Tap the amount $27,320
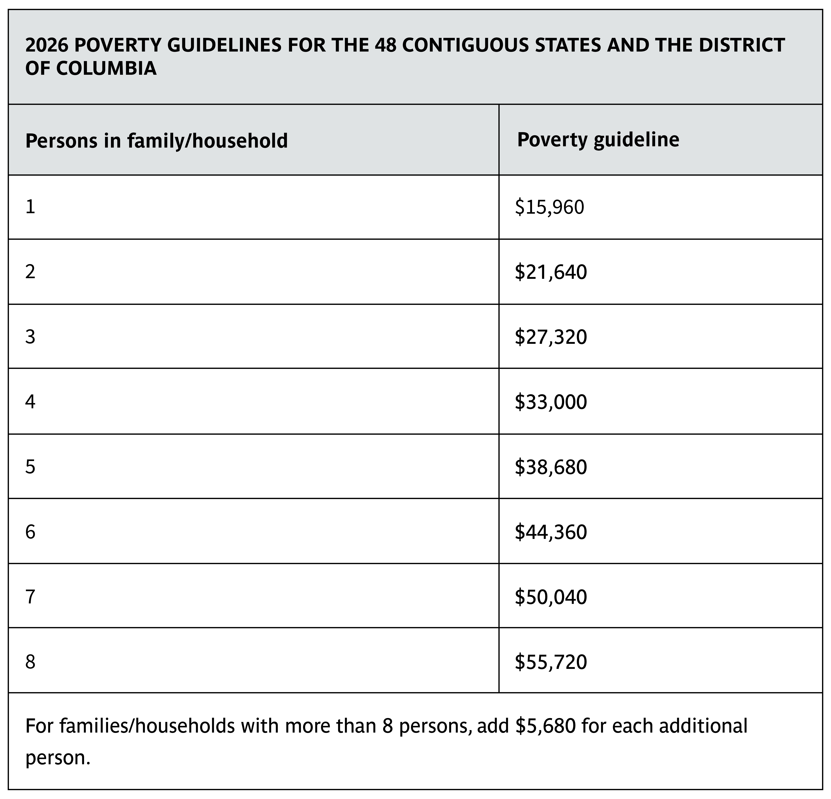[x=551, y=337]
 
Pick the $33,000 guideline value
[x=551, y=402]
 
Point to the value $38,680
[x=551, y=467]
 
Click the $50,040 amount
[x=551, y=597]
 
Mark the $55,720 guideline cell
[x=551, y=662]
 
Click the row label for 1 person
[x=30, y=207]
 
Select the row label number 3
[x=30, y=337]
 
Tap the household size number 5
[x=30, y=467]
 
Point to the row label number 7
[x=30, y=597]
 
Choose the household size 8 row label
[x=30, y=662]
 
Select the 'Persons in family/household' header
[x=156, y=141]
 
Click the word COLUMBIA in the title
[x=106, y=69]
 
